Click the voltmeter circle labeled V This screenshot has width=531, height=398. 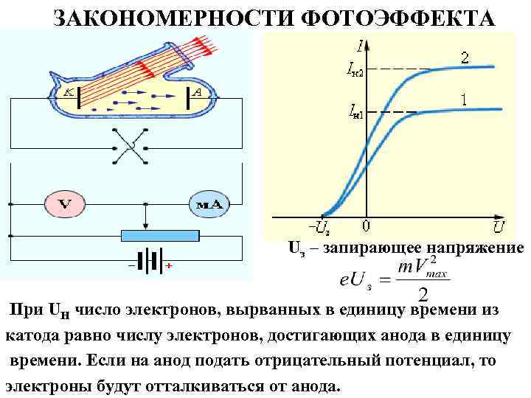coord(64,203)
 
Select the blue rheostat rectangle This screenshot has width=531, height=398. coord(159,236)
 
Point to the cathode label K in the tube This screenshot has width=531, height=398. coord(67,93)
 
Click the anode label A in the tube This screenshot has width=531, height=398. coord(198,93)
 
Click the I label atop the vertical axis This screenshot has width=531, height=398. coord(359,46)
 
